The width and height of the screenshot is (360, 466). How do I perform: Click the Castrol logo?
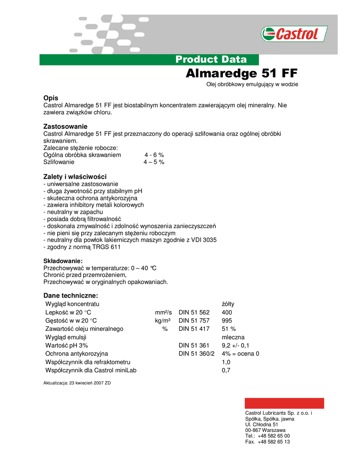(294, 34)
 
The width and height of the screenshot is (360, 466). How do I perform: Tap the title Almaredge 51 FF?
(242, 74)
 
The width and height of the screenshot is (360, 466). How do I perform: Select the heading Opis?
(51, 98)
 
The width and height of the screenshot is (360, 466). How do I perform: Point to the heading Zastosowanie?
(65, 126)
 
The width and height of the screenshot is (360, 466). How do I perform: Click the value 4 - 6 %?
(154, 155)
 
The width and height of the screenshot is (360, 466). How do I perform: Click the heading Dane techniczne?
(71, 295)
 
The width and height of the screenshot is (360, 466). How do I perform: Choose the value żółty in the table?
(228, 304)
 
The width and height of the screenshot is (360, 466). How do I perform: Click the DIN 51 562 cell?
(194, 312)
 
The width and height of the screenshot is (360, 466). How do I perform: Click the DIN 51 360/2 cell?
(196, 354)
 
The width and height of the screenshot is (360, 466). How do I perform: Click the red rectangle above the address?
(284, 403)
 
